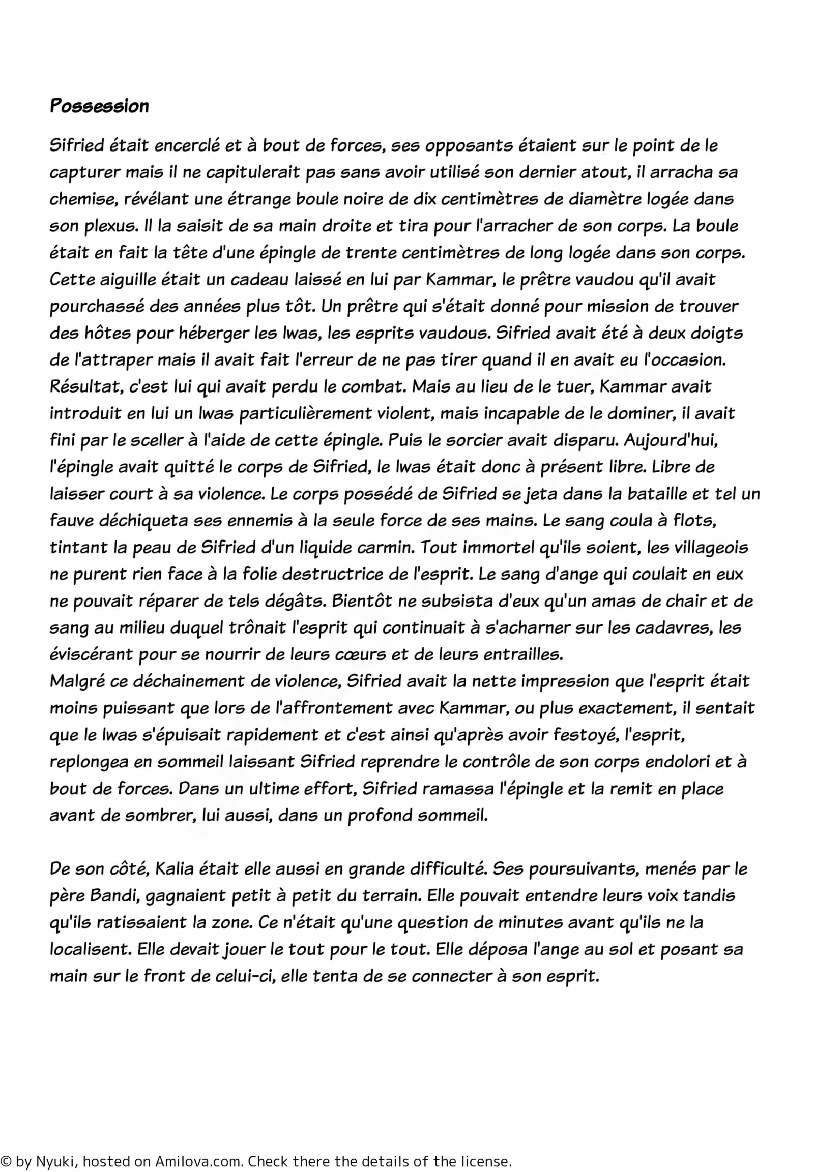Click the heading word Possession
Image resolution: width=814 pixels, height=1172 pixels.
coord(99,106)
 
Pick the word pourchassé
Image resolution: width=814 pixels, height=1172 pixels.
coord(93,307)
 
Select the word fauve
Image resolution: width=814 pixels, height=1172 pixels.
coord(70,521)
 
